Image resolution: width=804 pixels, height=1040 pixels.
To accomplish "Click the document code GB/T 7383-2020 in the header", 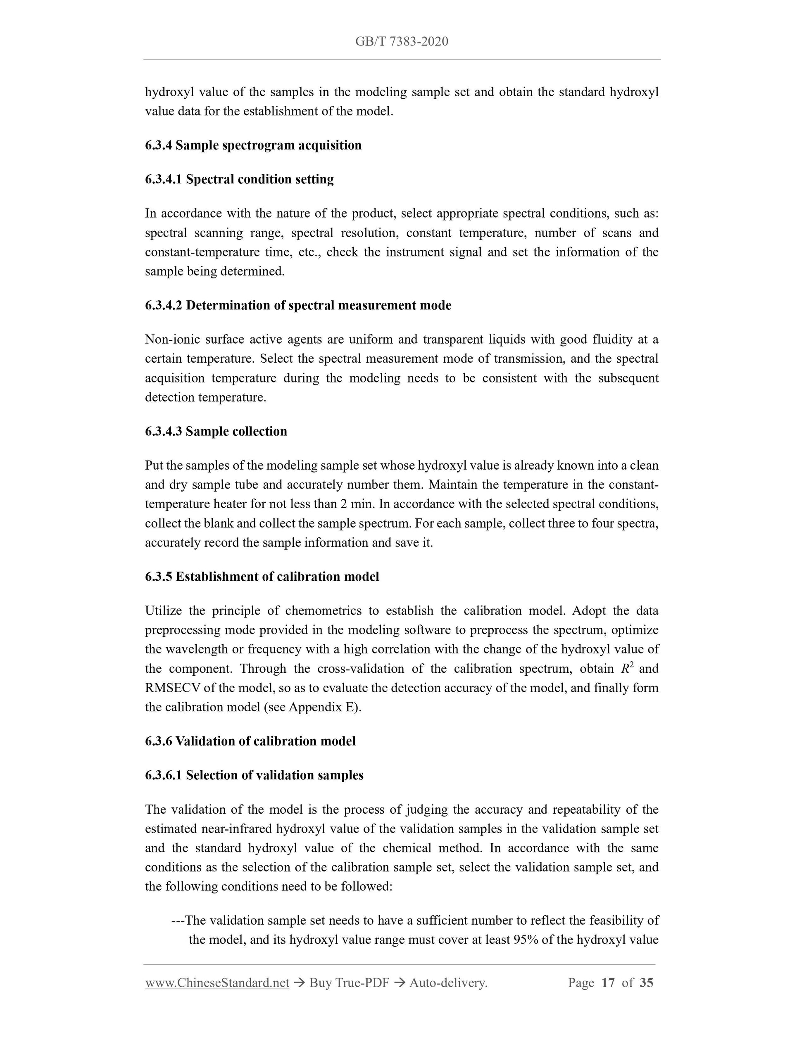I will point(402,41).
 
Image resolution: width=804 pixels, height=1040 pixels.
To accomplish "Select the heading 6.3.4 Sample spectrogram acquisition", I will point(253,145).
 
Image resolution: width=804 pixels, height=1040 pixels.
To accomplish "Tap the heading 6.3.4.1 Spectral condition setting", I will point(239,180).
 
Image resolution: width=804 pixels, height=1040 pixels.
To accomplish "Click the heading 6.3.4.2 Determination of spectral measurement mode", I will point(298,305).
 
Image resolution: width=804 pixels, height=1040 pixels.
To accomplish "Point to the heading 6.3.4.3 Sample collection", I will point(216,432).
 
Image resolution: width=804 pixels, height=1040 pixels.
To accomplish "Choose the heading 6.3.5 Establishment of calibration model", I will point(262,577).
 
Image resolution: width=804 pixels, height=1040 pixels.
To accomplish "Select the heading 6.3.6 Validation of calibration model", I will point(250,741).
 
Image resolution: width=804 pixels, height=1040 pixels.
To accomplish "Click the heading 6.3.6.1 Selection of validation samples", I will point(254,775).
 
